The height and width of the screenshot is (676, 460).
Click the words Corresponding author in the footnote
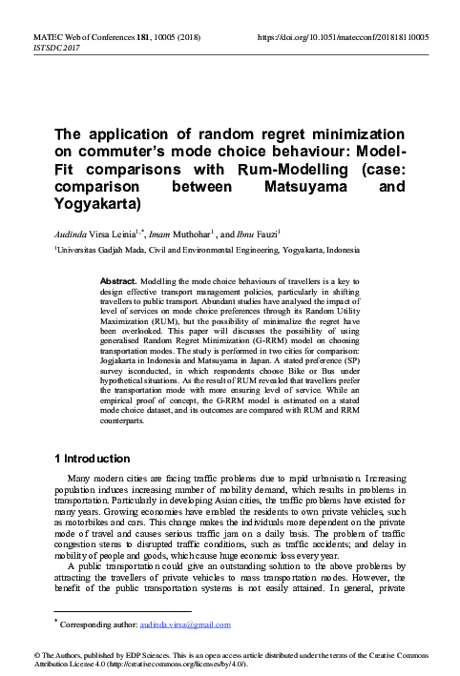pyautogui.click(x=95, y=625)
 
